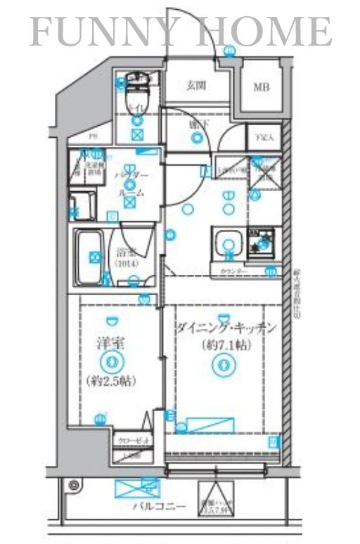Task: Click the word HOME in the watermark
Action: pos(268,31)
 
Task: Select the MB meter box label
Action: pos(261,87)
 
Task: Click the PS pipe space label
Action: pos(92,138)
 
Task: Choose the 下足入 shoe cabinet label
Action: pos(264,138)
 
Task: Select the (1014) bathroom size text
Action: pos(127,264)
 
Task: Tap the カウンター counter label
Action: pos(232,271)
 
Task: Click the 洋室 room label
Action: pos(110,344)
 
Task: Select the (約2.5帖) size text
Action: pos(110,382)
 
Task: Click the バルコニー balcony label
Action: pos(156,506)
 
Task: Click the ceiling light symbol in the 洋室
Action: pos(110,362)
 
